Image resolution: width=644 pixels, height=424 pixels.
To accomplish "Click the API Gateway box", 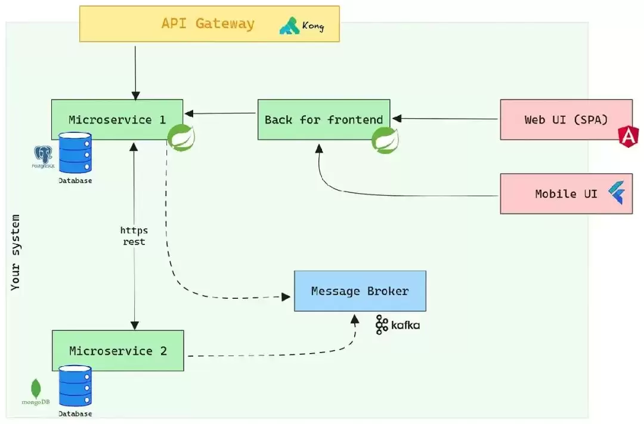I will (x=209, y=24).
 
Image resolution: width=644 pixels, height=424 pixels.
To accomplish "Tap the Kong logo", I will (x=301, y=26).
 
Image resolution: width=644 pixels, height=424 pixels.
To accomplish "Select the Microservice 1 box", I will (x=117, y=119).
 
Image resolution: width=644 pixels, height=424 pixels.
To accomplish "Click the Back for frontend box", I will (x=323, y=119).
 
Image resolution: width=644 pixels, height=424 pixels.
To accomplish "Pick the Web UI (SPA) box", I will (x=565, y=119).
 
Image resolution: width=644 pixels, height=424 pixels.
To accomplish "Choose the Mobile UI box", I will (x=565, y=194).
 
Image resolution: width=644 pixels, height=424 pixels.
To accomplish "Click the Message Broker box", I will (x=360, y=291).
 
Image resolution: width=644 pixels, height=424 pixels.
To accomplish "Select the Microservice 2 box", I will (x=117, y=351).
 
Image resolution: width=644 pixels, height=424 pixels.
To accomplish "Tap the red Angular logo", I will (x=628, y=138).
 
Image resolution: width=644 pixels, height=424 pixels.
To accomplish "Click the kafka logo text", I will (x=405, y=325).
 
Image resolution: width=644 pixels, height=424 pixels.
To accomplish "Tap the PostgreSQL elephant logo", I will (x=43, y=156).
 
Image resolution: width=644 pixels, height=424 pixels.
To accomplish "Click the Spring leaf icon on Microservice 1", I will (x=180, y=138).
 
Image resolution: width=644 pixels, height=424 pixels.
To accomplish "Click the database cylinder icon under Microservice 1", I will (x=75, y=153).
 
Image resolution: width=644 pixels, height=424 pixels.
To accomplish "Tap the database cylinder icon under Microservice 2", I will (x=75, y=386).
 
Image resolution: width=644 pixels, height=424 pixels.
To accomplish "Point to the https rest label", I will (x=134, y=236).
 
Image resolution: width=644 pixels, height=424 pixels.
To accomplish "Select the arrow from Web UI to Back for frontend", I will (x=447, y=119).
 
